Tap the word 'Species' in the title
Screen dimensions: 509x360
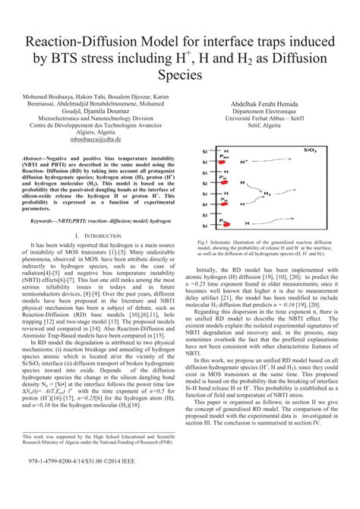[x=179, y=75]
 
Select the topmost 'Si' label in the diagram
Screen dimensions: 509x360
[x=205, y=150]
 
